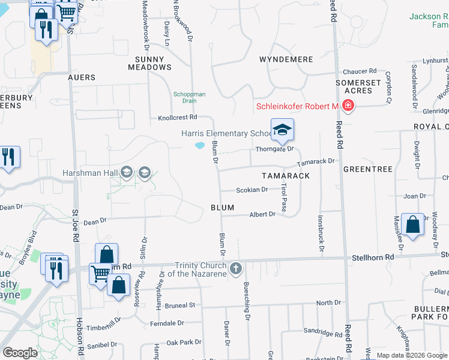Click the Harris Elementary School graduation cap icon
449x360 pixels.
click(x=283, y=128)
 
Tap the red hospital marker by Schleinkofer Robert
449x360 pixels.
click(x=348, y=106)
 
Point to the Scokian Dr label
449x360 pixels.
click(x=252, y=190)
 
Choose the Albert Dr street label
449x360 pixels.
click(x=262, y=214)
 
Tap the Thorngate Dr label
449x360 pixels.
click(x=275, y=149)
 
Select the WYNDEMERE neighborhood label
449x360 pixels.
click(x=286, y=59)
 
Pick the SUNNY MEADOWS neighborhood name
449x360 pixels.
click(x=149, y=63)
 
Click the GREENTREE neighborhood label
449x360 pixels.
click(x=368, y=170)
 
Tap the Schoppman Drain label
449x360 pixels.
click(x=189, y=97)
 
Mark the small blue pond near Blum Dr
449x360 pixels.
click(x=199, y=145)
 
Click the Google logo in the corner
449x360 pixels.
click(x=20, y=353)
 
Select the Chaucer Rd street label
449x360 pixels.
click(x=360, y=71)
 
